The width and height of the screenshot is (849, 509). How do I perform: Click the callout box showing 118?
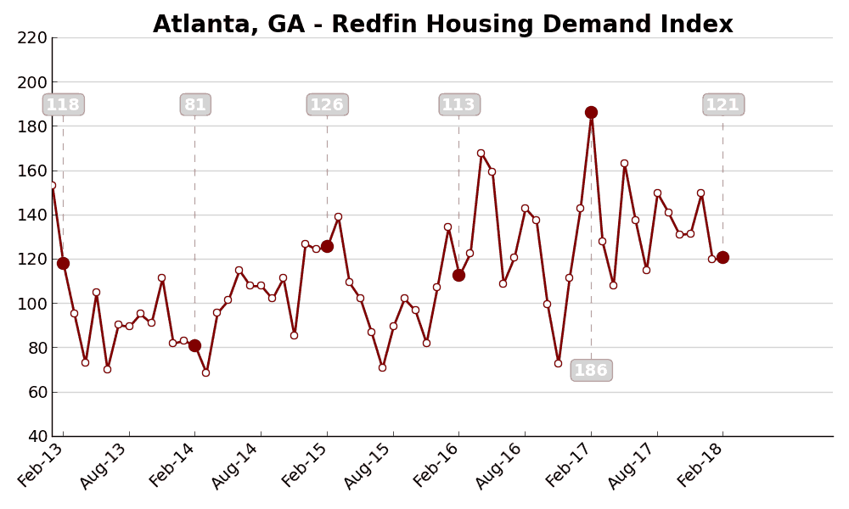click(63, 105)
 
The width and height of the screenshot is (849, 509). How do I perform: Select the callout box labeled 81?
click(195, 105)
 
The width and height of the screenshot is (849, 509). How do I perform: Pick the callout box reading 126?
click(327, 105)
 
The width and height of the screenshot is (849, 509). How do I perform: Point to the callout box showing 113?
click(459, 105)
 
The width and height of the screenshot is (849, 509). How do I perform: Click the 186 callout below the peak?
click(591, 371)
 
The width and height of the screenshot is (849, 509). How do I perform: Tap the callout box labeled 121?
click(723, 105)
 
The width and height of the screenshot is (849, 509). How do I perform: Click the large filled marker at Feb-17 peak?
click(591, 112)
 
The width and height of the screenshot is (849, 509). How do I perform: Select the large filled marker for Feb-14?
click(194, 345)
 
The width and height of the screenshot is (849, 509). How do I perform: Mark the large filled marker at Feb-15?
click(327, 246)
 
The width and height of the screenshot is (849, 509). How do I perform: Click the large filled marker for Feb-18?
click(722, 257)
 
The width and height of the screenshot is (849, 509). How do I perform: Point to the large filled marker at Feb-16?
click(458, 275)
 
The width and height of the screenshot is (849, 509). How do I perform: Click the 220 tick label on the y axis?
click(32, 38)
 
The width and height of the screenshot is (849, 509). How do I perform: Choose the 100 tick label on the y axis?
click(32, 304)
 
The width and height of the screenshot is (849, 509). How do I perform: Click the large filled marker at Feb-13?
click(63, 263)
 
